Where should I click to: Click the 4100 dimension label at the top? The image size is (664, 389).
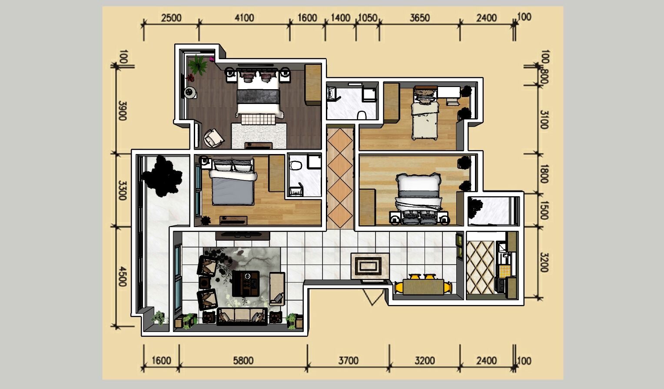point(244,18)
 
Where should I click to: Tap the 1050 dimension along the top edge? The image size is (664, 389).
point(368,18)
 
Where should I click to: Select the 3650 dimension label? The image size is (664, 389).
point(420,18)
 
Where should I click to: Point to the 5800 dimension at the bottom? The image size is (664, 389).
point(243,361)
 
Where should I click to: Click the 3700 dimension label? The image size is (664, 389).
point(349,361)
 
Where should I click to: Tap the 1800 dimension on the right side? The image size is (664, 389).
point(544,174)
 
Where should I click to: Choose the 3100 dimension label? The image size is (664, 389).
point(544,120)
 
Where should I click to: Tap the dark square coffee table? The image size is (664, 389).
point(246,283)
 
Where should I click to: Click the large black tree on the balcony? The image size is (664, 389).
point(162,177)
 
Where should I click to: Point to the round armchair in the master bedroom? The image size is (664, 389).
point(213,138)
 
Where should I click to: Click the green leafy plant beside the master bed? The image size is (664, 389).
point(198,65)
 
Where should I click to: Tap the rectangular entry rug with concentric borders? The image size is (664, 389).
point(370,266)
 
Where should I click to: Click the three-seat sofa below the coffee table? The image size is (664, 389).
point(242,317)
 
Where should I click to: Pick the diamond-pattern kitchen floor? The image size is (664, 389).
point(481,267)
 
